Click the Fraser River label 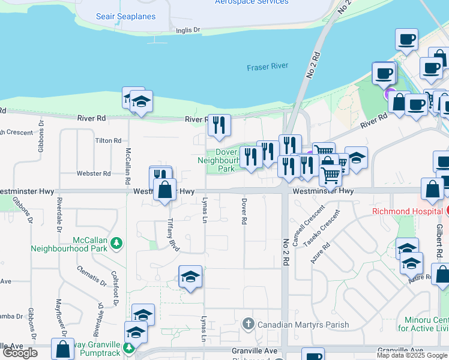point(267,67)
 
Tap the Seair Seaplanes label point(125,17)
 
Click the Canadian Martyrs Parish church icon point(249,325)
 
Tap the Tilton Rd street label point(109,140)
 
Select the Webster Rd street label point(94,173)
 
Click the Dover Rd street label point(244,211)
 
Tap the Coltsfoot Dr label point(115,287)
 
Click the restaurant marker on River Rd point(219,124)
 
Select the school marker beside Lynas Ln point(191,277)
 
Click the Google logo point(21,353)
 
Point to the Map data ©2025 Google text point(412,355)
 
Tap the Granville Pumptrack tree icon point(127,347)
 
